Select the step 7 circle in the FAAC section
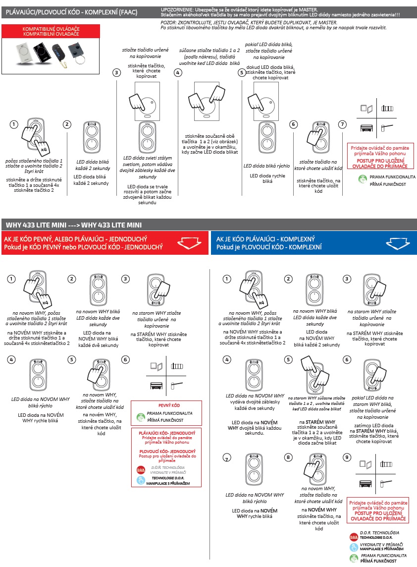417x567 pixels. click(342, 124)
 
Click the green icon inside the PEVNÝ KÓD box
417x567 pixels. click(140, 417)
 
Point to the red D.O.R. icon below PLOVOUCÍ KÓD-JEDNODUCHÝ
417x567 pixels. click(140, 469)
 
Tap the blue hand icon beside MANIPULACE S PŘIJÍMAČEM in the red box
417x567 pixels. click(140, 480)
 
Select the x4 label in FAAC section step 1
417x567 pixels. click(44, 149)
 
